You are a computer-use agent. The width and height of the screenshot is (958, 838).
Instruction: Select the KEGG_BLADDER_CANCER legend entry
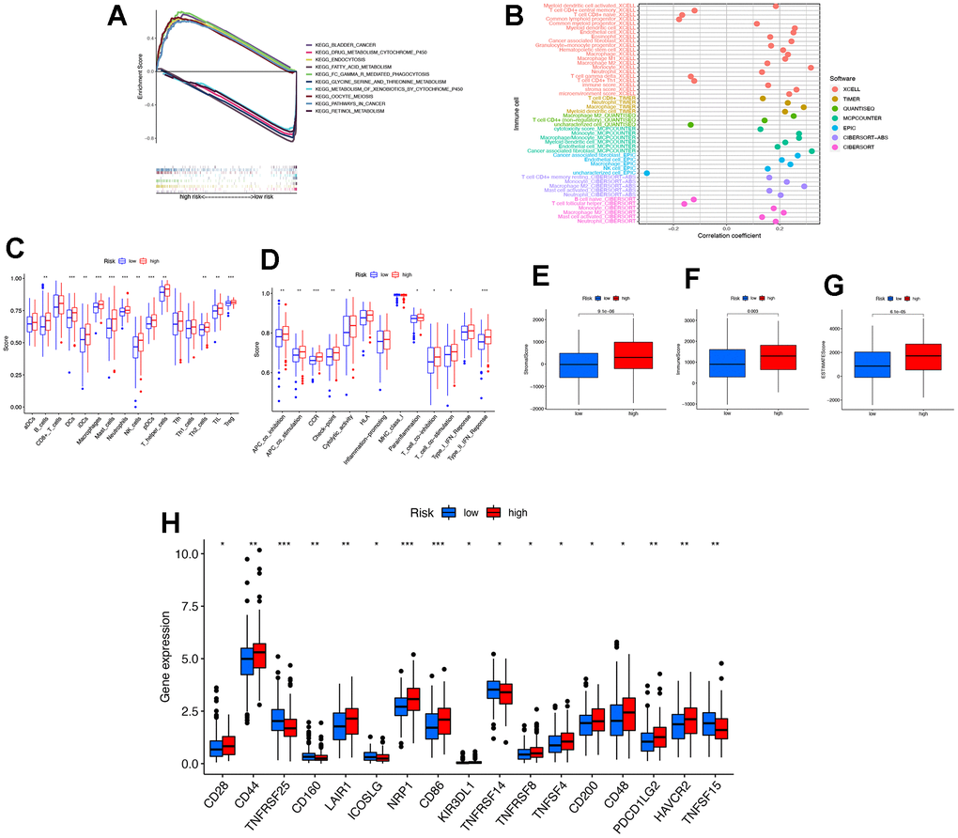(347, 44)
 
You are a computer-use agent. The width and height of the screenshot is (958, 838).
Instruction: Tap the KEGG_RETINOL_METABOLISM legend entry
(352, 112)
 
